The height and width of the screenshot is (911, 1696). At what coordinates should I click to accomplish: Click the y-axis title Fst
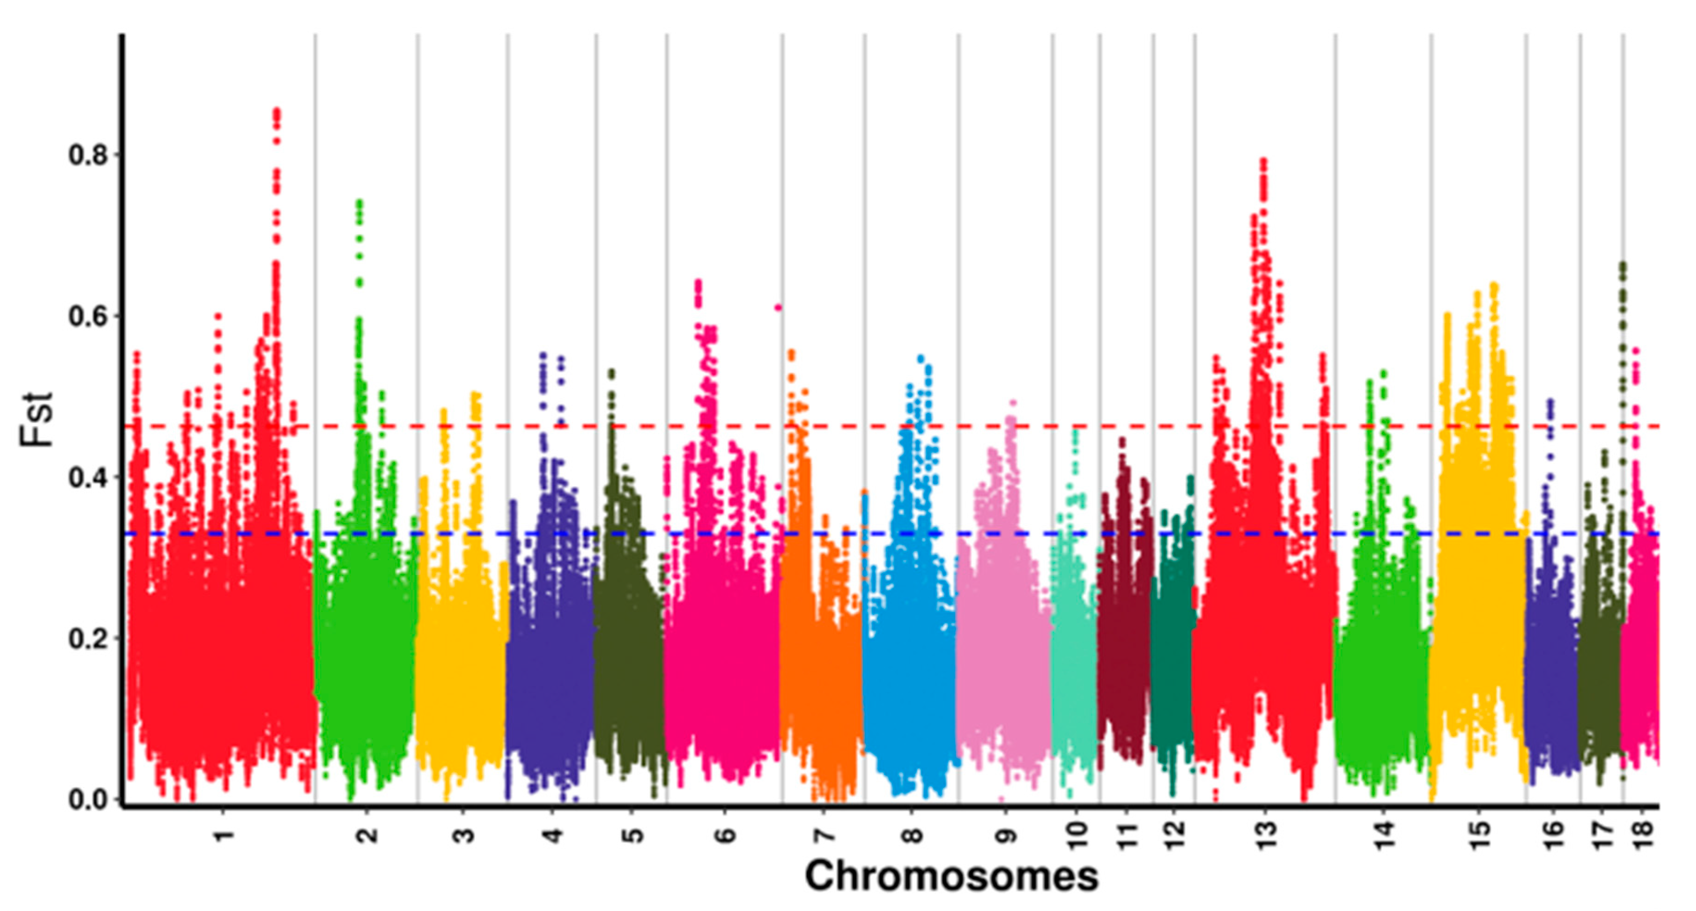(x=36, y=419)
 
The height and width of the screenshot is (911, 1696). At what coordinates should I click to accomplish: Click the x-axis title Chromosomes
(x=951, y=876)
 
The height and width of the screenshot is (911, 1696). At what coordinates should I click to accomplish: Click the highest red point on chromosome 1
(x=277, y=111)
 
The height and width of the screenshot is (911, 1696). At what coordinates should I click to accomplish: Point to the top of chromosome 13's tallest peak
(x=1263, y=161)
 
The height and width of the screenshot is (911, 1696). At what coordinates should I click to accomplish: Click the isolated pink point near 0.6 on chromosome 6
(x=778, y=307)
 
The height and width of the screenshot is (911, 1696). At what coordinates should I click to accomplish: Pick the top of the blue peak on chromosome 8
(x=921, y=358)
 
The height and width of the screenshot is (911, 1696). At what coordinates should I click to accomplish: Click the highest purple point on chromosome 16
(x=1550, y=400)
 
